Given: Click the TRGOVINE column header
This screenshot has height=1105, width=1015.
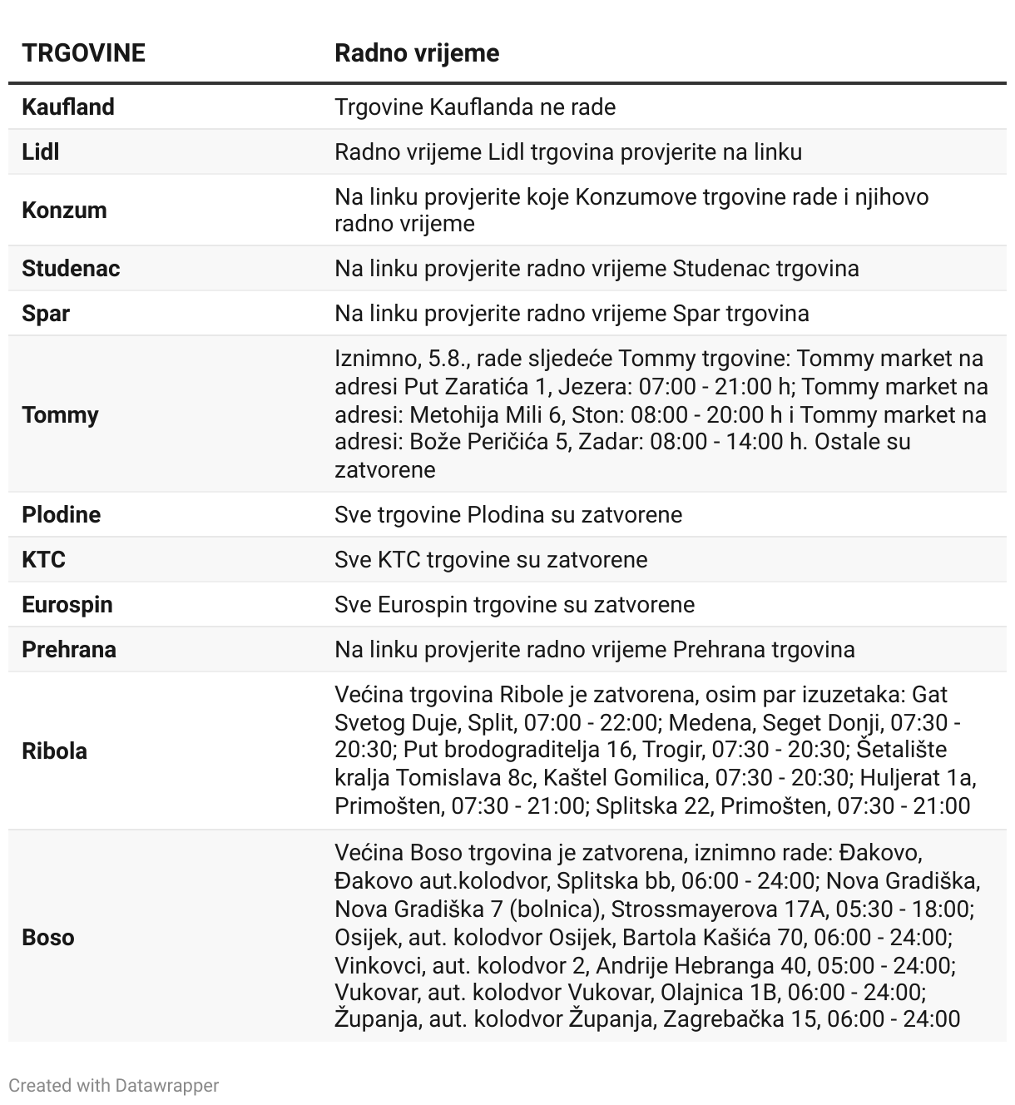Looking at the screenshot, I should (x=83, y=53).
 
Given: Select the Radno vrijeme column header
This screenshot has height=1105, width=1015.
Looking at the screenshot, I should (x=417, y=53).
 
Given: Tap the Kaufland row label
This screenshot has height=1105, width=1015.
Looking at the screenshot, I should (x=68, y=107).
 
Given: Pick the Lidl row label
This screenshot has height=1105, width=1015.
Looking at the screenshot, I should (x=41, y=152).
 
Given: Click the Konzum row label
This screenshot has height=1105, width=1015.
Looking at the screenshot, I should (x=64, y=210).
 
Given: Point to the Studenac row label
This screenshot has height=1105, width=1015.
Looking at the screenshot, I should (x=71, y=269).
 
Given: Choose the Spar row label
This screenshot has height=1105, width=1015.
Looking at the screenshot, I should (x=46, y=314).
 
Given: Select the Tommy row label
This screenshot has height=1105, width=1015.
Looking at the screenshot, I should (x=60, y=414).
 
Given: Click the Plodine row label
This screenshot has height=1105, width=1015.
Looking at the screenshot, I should (x=62, y=515).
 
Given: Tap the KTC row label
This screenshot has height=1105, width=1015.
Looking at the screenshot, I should (x=43, y=560).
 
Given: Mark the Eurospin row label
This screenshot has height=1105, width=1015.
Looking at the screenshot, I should (x=67, y=605).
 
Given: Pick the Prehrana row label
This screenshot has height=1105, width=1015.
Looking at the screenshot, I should (x=69, y=650).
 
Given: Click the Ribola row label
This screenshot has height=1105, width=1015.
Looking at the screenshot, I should (x=54, y=751).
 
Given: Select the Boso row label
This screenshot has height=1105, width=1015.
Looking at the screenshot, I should (x=48, y=938).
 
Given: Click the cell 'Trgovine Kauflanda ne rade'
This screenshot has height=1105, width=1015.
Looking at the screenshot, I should (x=475, y=107).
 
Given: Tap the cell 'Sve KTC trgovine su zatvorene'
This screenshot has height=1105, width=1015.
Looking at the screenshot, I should (x=491, y=560).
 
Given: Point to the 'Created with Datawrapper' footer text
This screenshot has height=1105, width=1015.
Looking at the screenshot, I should (x=114, y=1086).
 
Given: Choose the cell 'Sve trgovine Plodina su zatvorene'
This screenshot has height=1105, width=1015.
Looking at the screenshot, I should (x=508, y=515).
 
